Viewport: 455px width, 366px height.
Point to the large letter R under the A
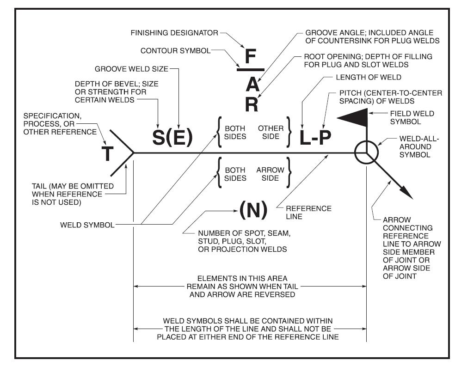click(x=251, y=104)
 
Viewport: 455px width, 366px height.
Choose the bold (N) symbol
click(x=253, y=211)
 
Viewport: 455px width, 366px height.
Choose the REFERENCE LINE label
click(x=315, y=212)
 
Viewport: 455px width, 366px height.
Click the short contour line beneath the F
click(x=250, y=70)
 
